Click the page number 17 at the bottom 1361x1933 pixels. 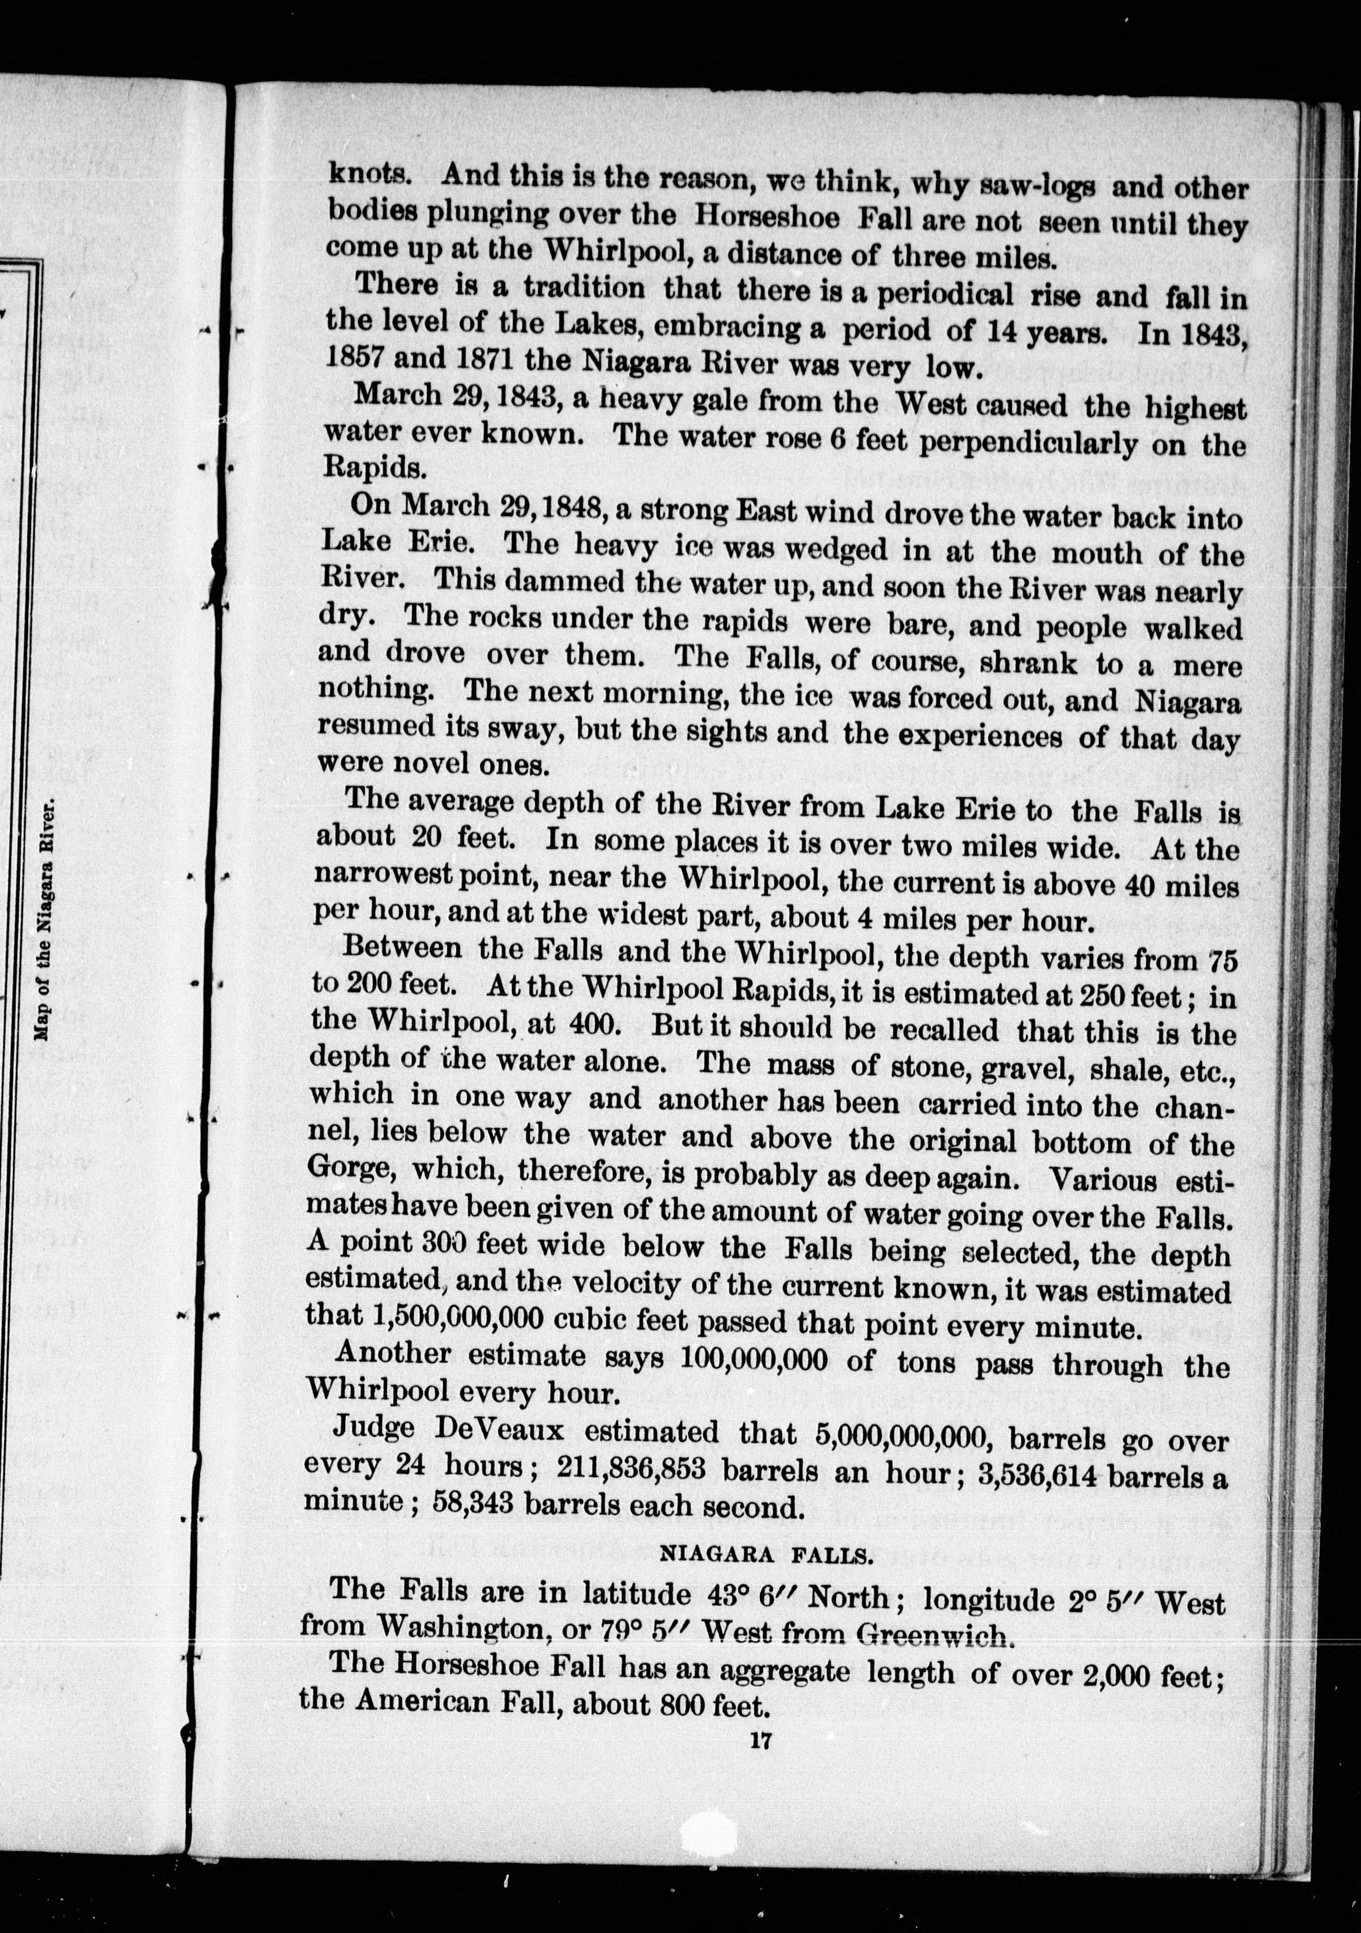(764, 1741)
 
